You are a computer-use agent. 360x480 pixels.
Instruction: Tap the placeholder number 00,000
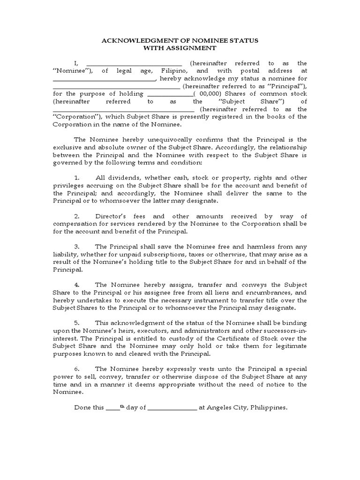click(209, 94)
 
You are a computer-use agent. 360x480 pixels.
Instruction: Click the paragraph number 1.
click(77, 178)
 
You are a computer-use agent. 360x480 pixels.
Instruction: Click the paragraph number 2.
click(77, 216)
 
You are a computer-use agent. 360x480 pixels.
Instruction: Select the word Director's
click(111, 216)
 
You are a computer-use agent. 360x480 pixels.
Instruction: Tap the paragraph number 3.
click(77, 247)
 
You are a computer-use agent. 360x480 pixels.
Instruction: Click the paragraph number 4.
click(77, 285)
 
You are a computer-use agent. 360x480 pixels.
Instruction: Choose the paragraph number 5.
click(77, 323)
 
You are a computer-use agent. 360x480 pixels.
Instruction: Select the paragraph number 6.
click(77, 369)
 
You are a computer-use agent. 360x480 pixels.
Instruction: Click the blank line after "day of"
click(172, 408)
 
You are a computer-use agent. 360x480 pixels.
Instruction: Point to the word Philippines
click(268, 408)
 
